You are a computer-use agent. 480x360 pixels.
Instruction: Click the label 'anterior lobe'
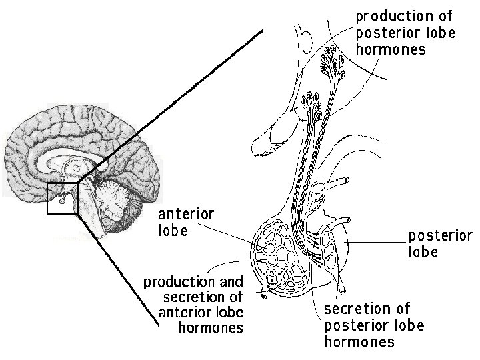point(185,223)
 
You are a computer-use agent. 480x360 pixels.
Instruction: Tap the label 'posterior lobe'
point(440,244)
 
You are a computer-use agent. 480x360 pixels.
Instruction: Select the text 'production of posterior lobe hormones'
point(403,32)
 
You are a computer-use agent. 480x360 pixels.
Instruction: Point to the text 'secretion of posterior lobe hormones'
point(373,325)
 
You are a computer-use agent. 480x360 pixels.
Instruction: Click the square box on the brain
point(63,198)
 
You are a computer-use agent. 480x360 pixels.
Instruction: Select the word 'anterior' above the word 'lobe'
point(185,214)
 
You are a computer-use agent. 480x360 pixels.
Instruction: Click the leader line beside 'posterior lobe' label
point(377,243)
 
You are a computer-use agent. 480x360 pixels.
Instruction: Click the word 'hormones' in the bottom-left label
point(211,328)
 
